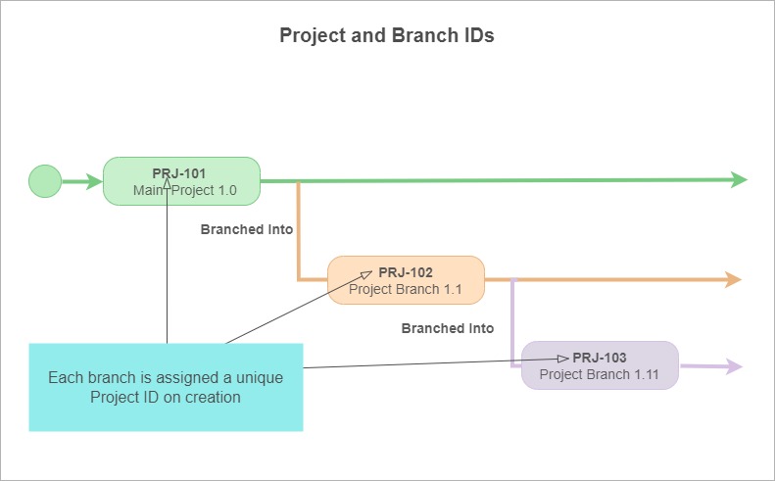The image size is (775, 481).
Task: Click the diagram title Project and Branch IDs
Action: tap(386, 35)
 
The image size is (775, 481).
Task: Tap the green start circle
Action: tap(45, 181)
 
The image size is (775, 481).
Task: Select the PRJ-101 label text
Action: tap(179, 173)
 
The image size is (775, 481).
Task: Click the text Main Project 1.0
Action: tap(185, 190)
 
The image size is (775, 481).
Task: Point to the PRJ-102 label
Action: tap(406, 272)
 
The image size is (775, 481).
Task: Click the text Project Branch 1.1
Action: tap(406, 289)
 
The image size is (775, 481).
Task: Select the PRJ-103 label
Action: tap(599, 358)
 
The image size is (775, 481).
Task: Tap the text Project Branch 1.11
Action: tap(599, 374)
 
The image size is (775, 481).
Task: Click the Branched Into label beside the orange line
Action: tap(247, 229)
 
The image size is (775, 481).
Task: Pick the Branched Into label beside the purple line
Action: tap(448, 328)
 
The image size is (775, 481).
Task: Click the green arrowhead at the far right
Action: tap(739, 179)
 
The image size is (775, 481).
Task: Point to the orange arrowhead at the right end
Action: tap(733, 279)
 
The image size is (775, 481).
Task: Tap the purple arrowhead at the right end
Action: tap(735, 366)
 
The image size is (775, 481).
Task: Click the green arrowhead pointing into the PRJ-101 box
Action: tap(94, 181)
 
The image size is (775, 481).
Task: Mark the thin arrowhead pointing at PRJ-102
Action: tap(366, 274)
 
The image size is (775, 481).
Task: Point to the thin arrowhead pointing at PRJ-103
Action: tap(563, 359)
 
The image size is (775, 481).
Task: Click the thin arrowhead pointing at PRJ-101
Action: tap(168, 183)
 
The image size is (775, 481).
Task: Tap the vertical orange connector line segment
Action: tap(298, 231)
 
